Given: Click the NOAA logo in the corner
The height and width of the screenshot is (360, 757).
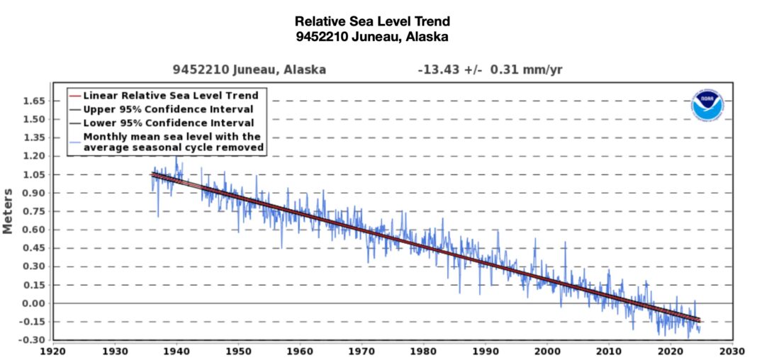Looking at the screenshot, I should (x=707, y=104).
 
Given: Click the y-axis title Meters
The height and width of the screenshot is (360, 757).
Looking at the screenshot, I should (x=9, y=210).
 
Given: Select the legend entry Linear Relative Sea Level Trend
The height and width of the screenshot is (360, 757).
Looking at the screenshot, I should (x=170, y=95).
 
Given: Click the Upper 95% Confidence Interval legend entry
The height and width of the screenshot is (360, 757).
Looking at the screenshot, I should (x=168, y=109).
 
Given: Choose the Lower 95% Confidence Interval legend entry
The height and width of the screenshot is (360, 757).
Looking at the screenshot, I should (x=168, y=123).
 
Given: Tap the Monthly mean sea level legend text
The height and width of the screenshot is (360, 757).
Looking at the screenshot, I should (x=173, y=142).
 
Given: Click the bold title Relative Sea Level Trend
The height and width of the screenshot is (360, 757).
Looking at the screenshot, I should (x=372, y=22).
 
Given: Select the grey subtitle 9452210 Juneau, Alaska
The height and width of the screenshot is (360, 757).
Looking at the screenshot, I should (x=249, y=70).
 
